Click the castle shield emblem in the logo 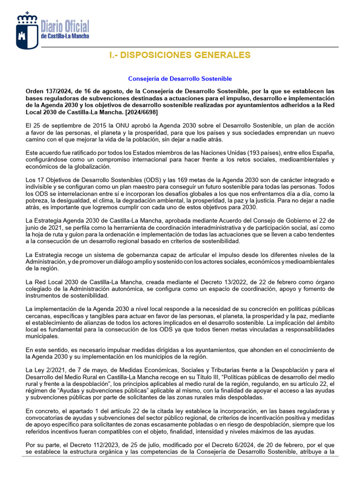[x=27, y=36]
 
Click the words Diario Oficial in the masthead [x=65, y=26]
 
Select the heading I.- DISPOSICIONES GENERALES [x=180, y=55]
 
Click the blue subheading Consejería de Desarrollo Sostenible [x=180, y=79]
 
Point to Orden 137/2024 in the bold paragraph [x=47, y=91]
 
